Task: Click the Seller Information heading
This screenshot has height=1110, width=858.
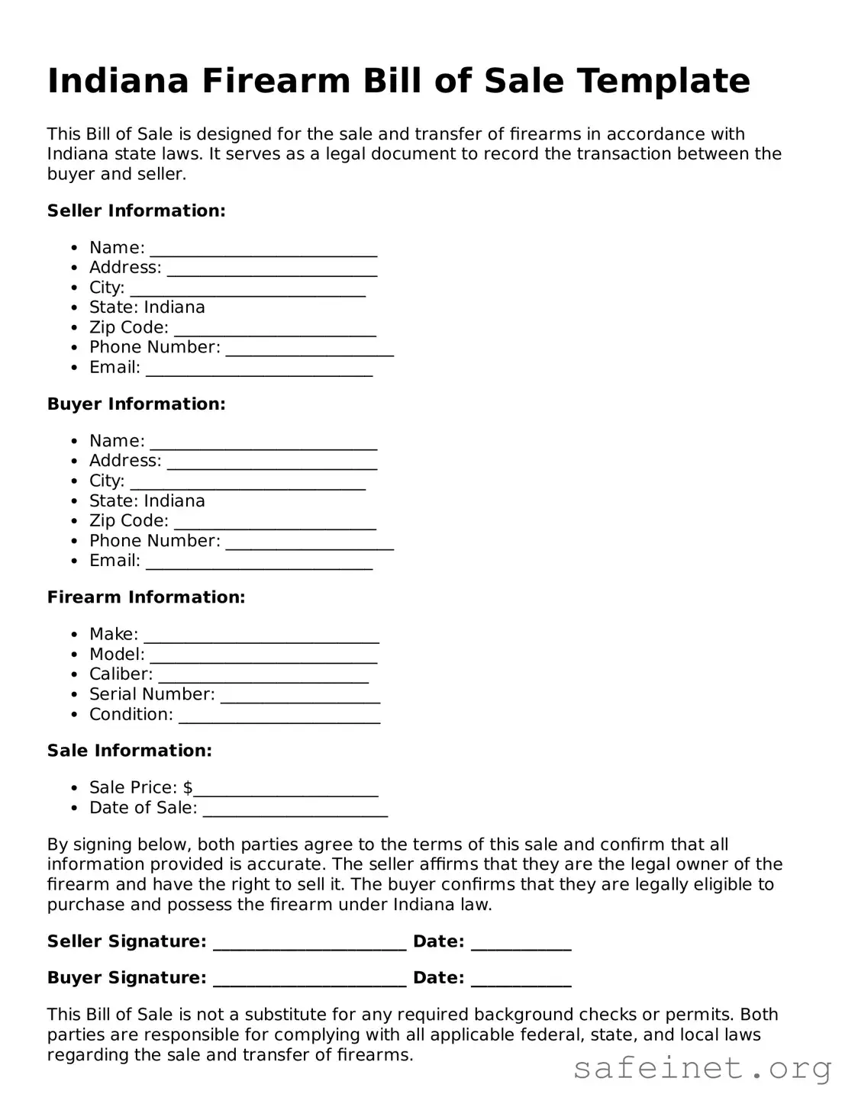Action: (x=136, y=211)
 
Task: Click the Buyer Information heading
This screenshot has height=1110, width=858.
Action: (x=136, y=404)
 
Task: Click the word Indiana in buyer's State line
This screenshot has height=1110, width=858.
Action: (x=174, y=501)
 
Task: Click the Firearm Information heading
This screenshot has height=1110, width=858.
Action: (x=146, y=597)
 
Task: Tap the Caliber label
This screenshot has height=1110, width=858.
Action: (x=121, y=674)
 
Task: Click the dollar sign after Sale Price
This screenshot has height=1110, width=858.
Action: (x=188, y=787)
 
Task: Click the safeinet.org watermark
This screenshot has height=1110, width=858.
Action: (x=702, y=1068)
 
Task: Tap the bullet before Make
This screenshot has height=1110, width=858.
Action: (x=74, y=635)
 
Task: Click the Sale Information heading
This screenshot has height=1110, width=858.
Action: (x=129, y=751)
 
